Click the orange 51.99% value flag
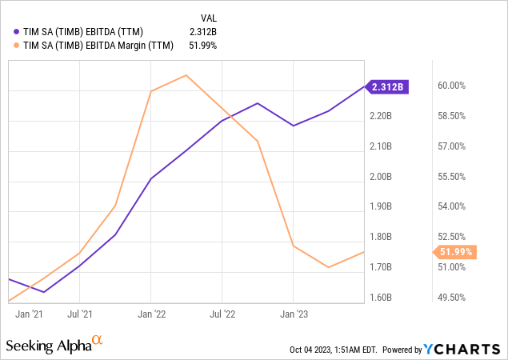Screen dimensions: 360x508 pos(457,252)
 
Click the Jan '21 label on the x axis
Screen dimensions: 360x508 pos(29,314)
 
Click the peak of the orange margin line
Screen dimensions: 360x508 pos(186,75)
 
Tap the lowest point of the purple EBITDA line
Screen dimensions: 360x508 pos(44,292)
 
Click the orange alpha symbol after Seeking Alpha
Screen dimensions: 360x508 pos(97,342)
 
